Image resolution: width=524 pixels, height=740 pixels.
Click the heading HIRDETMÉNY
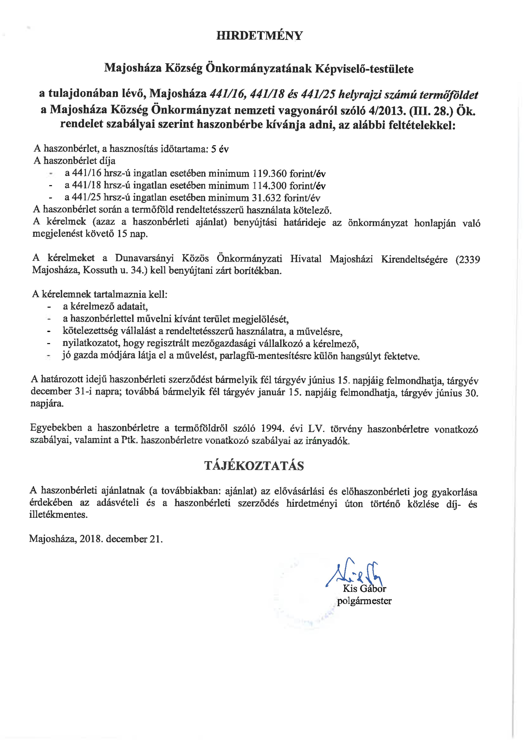(259, 35)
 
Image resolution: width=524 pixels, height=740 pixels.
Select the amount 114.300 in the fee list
(269, 186)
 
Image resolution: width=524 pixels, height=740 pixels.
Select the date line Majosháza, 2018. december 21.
(96, 539)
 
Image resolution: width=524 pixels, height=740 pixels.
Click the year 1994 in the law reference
(273, 428)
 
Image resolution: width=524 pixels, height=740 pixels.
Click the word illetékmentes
(58, 514)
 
